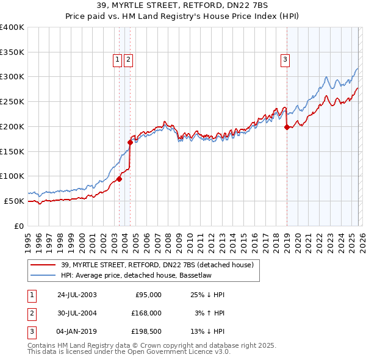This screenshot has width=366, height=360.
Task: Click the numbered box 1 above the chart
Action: pos(117,59)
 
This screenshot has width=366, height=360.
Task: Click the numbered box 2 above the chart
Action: pos(129,59)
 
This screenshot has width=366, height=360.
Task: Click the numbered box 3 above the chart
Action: pos(285,59)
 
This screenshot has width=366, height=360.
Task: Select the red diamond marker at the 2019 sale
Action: pos(287,128)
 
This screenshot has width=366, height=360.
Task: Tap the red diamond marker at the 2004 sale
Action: pos(130,142)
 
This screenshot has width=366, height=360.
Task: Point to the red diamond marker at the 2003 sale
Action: pos(120,179)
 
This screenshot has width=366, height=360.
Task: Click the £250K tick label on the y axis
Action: pos(12,101)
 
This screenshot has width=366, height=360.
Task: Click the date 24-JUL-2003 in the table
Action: pos(76,294)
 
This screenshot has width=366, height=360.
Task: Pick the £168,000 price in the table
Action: pos(146,313)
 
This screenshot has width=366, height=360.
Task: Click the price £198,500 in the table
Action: pos(146,331)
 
